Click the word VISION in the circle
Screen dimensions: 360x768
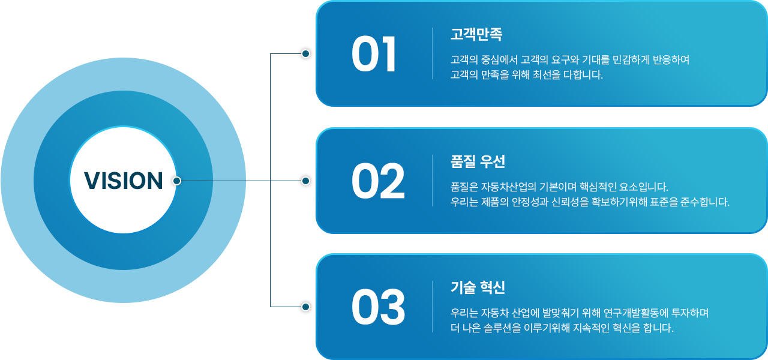click(123, 181)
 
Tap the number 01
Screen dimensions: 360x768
click(374, 55)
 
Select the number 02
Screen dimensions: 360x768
click(378, 181)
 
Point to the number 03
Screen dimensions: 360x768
click(378, 307)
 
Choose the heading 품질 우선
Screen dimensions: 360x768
click(478, 161)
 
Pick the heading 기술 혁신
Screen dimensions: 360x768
click(478, 287)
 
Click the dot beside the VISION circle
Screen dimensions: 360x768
click(176, 181)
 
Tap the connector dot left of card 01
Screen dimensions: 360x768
click(305, 54)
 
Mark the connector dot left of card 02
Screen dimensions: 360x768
click(305, 181)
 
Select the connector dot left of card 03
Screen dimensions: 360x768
click(305, 307)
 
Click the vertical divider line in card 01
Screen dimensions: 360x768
click(433, 53)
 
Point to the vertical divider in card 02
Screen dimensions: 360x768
click(433, 181)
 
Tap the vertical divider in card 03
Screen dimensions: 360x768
click(433, 307)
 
